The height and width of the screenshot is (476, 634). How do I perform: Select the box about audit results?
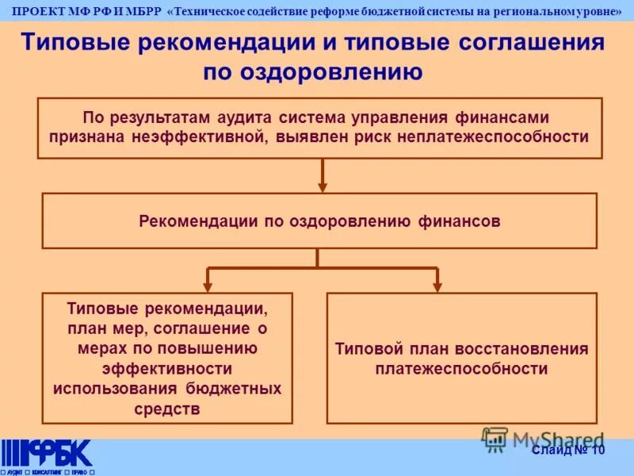pyautogui.click(x=321, y=127)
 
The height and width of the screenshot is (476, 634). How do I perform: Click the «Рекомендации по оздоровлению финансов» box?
pyautogui.click(x=319, y=221)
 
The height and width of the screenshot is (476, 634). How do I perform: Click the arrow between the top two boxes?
pyautogui.click(x=323, y=175)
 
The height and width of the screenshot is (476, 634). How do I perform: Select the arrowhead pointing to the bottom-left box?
pyautogui.click(x=208, y=285)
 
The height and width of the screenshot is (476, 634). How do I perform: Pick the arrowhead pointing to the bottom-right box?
pyautogui.click(x=437, y=285)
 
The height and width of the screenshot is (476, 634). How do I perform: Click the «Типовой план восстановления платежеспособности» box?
pyautogui.click(x=461, y=359)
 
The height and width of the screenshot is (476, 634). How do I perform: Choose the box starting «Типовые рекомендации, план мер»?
pyautogui.click(x=167, y=358)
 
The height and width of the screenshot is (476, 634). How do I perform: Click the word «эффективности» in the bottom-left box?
pyautogui.click(x=167, y=368)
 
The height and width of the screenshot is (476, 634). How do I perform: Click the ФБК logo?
pyautogui.click(x=48, y=455)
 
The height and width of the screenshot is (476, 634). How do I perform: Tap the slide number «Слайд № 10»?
pyautogui.click(x=568, y=451)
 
